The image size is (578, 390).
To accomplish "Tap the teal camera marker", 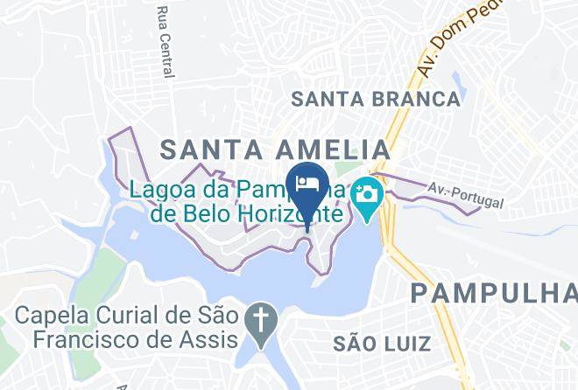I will (x=366, y=192).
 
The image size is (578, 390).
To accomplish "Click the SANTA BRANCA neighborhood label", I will (x=376, y=99).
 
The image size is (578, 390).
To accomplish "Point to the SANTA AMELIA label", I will (x=275, y=148).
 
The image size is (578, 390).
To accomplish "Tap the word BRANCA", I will (x=415, y=99).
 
